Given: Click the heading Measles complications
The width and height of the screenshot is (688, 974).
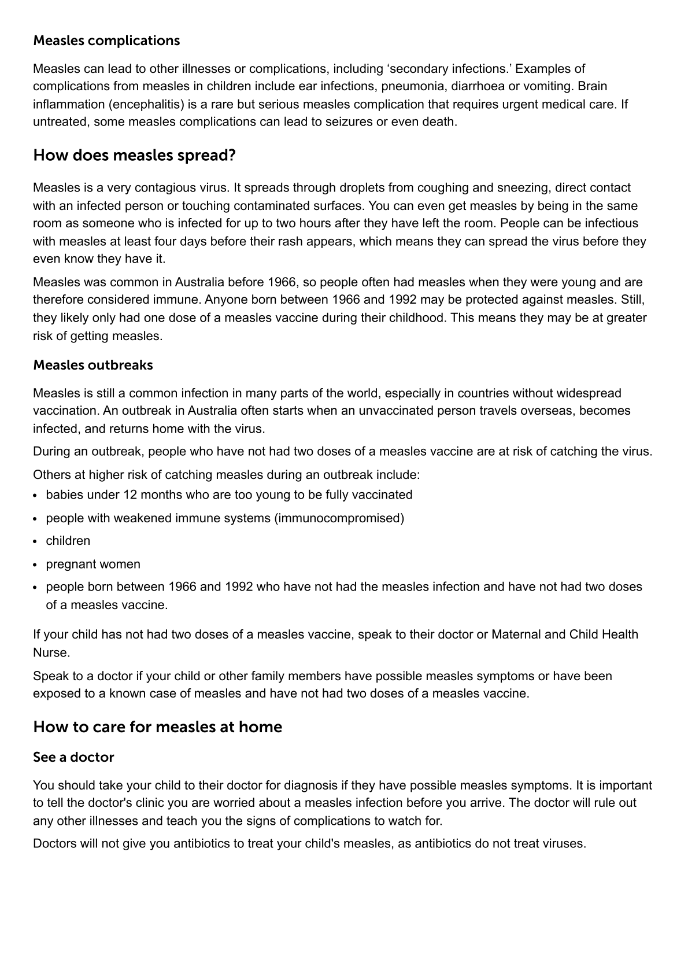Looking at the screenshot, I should coord(106,40).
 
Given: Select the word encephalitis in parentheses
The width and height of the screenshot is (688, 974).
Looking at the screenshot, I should coord(150,104).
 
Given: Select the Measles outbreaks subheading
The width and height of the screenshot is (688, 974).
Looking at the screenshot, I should coord(93,365).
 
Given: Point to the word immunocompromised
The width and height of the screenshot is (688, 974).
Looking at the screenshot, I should coord(341,518).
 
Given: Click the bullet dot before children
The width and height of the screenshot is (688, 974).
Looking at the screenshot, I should coord(36,541).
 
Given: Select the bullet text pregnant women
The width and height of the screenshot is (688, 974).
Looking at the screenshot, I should coord(93,564).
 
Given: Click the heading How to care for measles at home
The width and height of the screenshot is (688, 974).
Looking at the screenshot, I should coord(157,727).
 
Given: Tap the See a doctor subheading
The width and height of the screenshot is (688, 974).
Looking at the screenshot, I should coord(73,757).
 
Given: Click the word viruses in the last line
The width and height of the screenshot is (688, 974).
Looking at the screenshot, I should coord(564,843).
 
